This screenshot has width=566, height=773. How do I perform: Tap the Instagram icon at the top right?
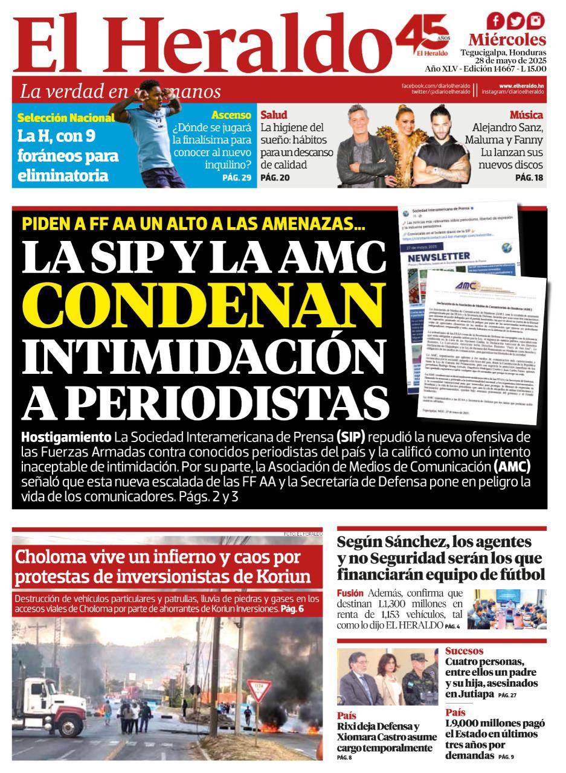[x=535, y=22]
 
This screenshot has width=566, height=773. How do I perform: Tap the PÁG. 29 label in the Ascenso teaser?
[x=236, y=178]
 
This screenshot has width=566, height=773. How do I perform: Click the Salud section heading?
[x=274, y=115]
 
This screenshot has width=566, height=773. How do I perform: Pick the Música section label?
[x=526, y=115]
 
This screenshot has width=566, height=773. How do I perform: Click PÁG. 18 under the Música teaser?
[x=529, y=178]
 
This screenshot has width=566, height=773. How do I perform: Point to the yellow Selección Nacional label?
[x=66, y=118]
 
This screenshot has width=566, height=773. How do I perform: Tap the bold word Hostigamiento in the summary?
[x=66, y=437]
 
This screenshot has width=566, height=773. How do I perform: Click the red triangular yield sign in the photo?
[x=258, y=689]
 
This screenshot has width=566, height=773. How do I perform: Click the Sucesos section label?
[x=464, y=651]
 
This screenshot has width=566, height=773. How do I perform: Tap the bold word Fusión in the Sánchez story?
[x=350, y=593]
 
